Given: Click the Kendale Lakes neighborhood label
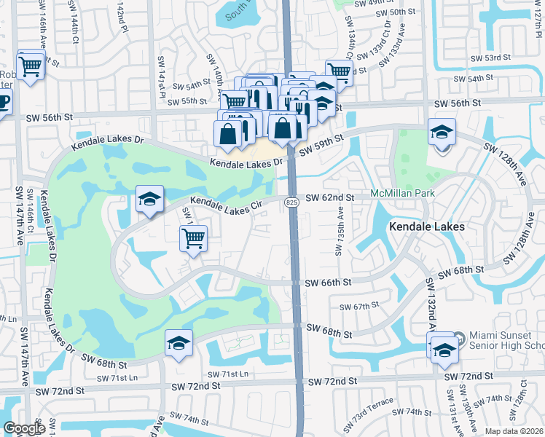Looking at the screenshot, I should tap(426, 227).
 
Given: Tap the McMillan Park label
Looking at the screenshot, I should tap(402, 193).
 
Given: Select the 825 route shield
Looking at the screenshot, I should tap(291, 202).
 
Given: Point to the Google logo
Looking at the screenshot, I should tap(24, 428).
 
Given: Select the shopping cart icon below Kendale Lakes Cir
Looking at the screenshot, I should tap(194, 237).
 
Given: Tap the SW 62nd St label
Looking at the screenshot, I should tap(330, 197).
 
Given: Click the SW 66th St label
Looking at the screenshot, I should tap(328, 283).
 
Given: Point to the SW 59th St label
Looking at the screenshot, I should tap(321, 148).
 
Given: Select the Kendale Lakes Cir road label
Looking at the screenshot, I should tap(227, 203).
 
